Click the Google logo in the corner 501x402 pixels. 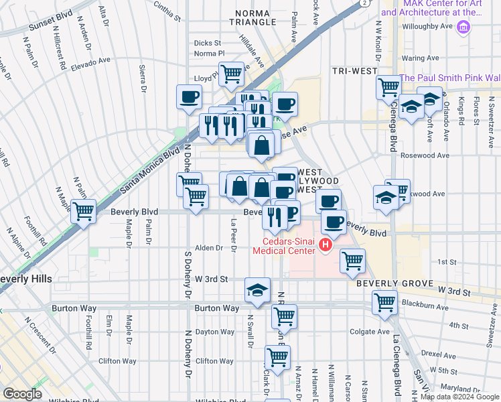(22, 395)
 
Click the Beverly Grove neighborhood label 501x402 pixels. (390, 283)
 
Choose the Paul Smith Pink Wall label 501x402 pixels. (449, 78)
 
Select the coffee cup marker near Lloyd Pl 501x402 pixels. (189, 96)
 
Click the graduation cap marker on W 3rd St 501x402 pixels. (257, 289)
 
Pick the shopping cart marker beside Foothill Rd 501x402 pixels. (83, 211)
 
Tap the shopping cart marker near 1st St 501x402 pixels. (352, 260)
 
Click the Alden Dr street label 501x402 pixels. (210, 248)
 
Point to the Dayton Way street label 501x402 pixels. (215, 332)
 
